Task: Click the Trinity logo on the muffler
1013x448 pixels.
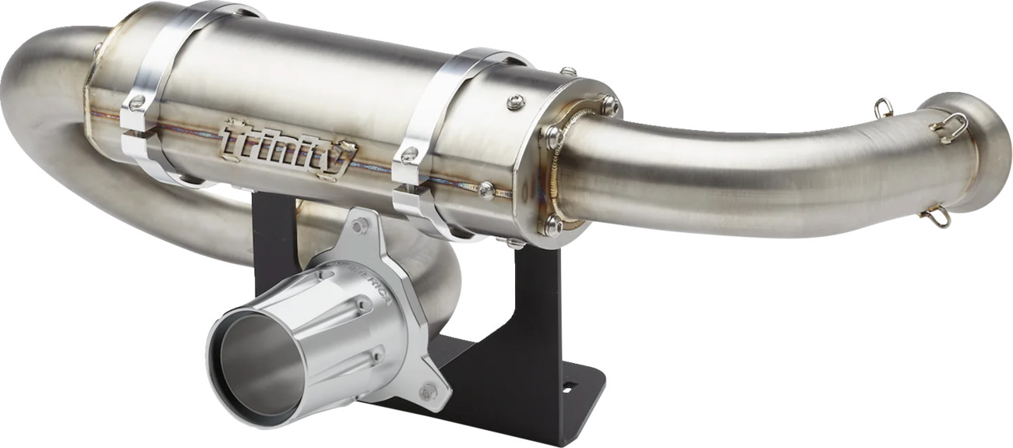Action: click(x=289, y=147)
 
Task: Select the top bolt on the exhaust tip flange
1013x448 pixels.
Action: click(x=358, y=227)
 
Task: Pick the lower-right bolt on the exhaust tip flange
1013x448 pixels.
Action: click(x=427, y=392)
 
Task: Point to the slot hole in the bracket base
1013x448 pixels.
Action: click(x=567, y=386)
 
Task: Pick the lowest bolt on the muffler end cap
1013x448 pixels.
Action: click(x=552, y=225)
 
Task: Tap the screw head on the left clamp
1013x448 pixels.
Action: click(x=138, y=102)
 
